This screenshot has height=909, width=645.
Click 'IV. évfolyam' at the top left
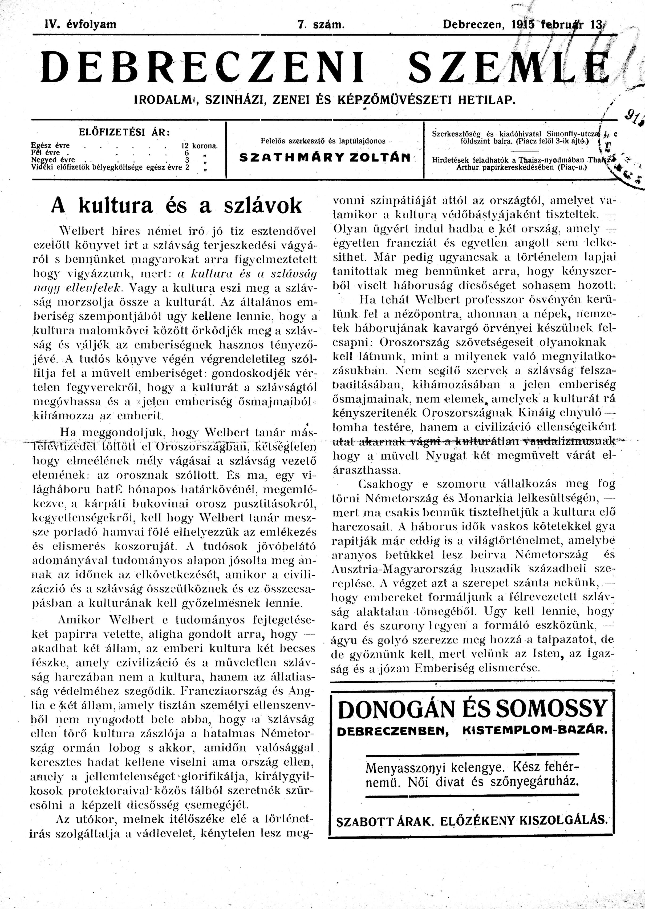click(x=81, y=25)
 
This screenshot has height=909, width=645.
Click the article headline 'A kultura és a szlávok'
click(x=176, y=206)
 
